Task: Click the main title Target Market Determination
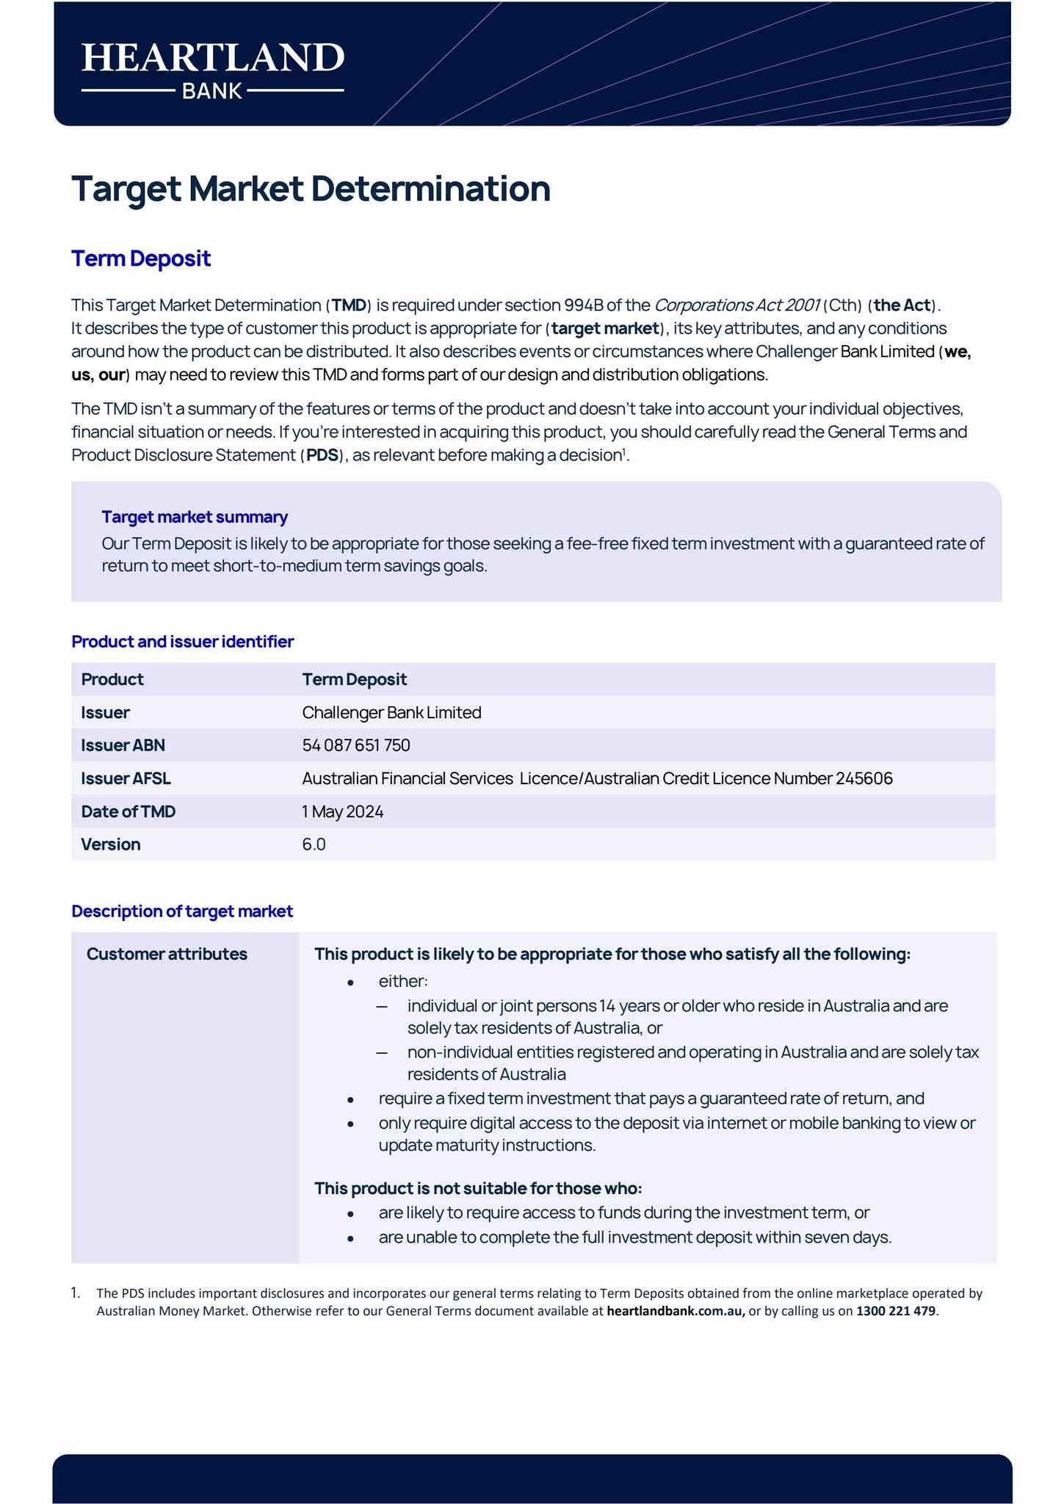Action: pos(311,189)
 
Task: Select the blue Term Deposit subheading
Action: pos(141,258)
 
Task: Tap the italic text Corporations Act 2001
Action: pos(737,305)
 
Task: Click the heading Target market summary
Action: pos(195,517)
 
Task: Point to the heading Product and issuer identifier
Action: pos(182,642)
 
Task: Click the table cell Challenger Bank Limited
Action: pos(391,712)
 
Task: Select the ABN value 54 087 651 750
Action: pos(356,745)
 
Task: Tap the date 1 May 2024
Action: pos(342,811)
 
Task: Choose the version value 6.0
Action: pos(314,845)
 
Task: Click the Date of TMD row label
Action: pos(129,811)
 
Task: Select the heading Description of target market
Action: pos(182,911)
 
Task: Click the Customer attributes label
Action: pos(167,954)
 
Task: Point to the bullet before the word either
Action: pos(351,983)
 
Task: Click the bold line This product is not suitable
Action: pos(478,1188)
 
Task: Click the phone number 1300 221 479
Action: pos(896,1311)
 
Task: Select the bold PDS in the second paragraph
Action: pos(322,455)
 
